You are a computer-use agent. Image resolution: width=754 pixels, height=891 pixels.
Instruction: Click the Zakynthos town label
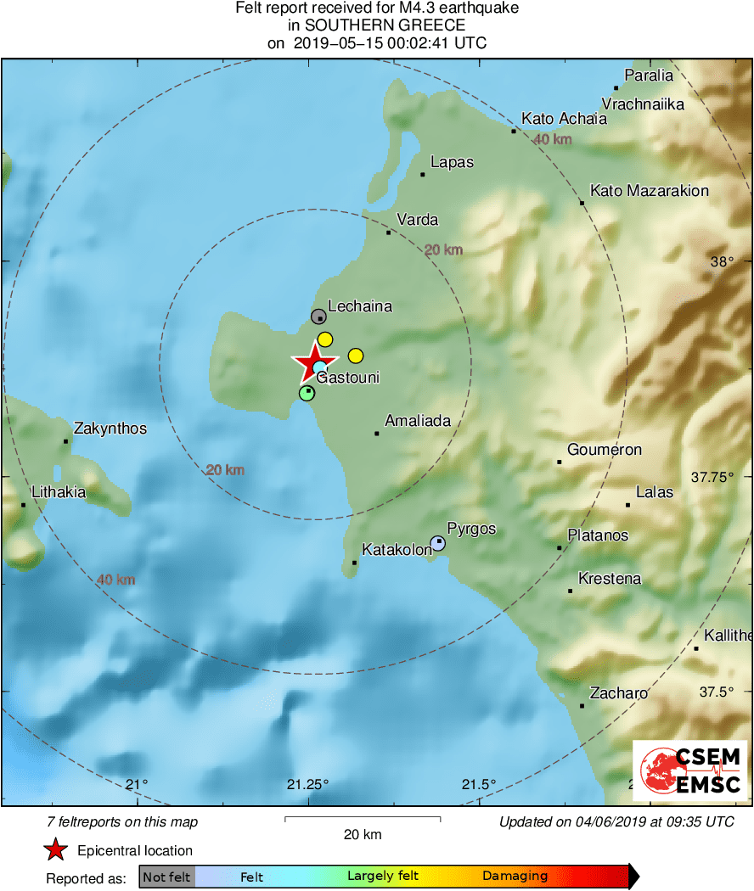tap(110, 429)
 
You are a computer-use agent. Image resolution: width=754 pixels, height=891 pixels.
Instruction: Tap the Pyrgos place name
tap(471, 529)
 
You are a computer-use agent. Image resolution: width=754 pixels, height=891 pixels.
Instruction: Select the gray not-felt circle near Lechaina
tap(318, 317)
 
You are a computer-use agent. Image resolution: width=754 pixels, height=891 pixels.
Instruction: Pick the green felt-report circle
tap(307, 393)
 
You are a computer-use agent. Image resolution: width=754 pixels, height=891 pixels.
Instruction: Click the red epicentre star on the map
tap(313, 362)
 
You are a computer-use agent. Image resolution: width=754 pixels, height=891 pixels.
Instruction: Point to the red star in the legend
tap(56, 849)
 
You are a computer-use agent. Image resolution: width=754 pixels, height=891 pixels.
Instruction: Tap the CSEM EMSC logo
tap(690, 771)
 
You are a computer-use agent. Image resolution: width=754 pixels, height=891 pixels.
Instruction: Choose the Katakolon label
tap(397, 550)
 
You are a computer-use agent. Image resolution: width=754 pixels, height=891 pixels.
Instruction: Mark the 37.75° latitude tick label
tap(712, 477)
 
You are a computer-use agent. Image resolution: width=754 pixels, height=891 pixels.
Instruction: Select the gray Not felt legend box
tap(167, 877)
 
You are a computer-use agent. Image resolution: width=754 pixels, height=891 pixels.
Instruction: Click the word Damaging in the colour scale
tap(515, 877)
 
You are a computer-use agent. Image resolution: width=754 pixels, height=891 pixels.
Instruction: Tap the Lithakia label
tap(59, 491)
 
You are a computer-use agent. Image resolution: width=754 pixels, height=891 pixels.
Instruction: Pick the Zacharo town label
tap(619, 693)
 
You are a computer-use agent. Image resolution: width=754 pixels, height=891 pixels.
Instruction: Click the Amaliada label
tap(418, 420)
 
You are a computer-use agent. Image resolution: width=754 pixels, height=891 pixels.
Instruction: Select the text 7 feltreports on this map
tap(123, 821)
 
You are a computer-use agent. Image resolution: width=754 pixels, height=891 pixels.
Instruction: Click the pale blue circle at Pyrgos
tap(437, 542)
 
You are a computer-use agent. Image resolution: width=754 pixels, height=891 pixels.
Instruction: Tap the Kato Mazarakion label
tap(650, 191)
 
